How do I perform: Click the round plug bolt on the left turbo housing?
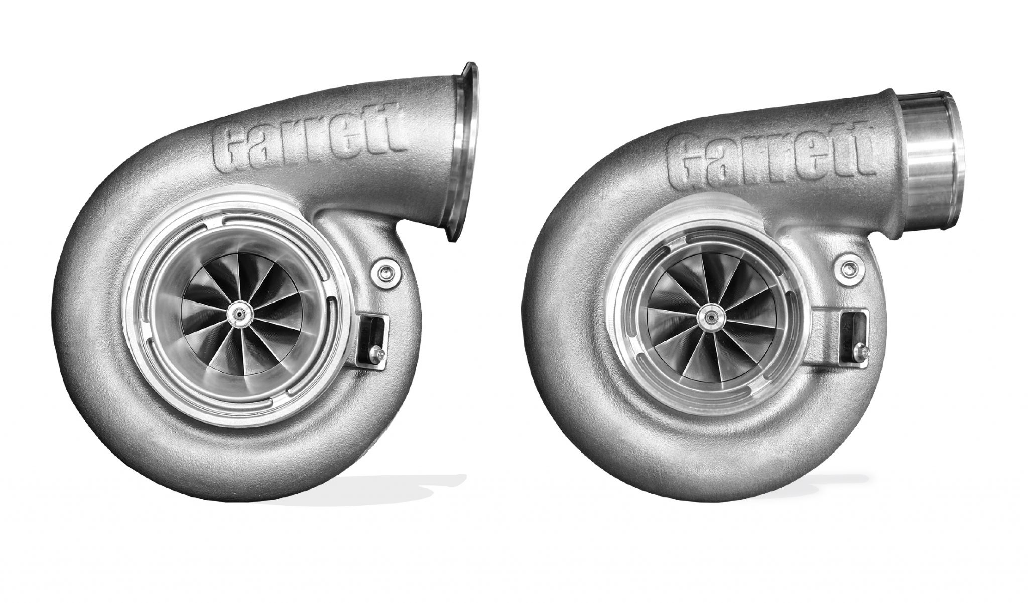click(385, 273)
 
